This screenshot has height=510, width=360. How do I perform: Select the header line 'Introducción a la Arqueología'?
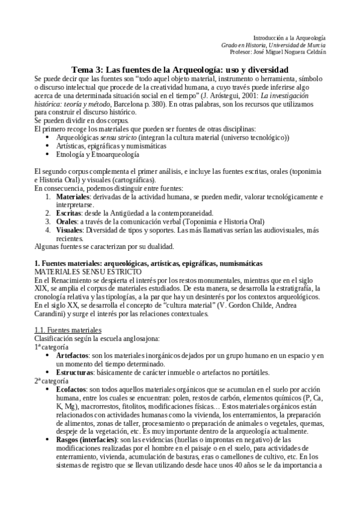point(289,37)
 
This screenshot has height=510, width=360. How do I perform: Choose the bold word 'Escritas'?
point(69,213)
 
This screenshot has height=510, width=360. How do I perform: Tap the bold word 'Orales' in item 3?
point(68,221)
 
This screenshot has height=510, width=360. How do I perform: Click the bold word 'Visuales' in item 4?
point(70,230)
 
